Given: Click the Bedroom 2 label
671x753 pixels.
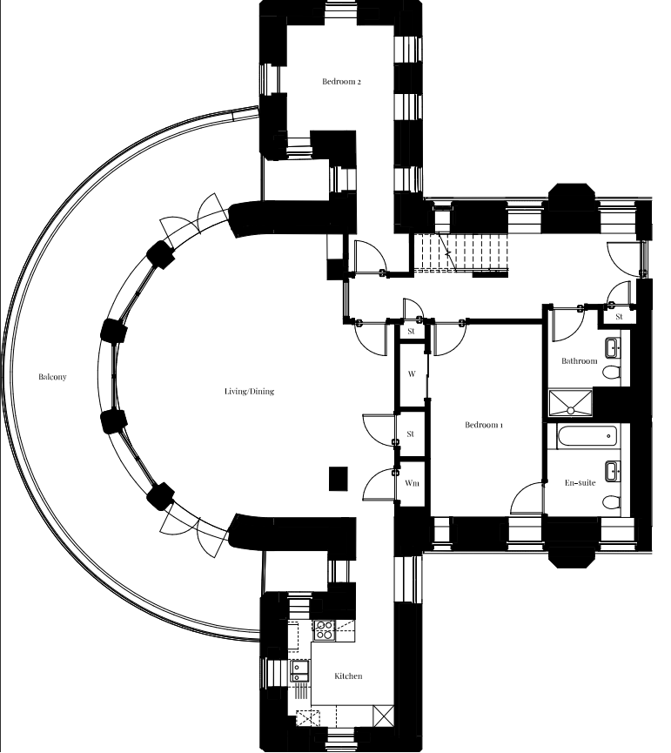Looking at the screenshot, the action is [x=341, y=82].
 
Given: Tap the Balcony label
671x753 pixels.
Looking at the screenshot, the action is [x=52, y=377].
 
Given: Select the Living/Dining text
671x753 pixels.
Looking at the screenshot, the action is [x=249, y=392].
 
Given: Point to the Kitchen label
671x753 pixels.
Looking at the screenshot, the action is [x=348, y=676].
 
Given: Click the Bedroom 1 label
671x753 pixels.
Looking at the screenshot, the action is [x=484, y=425].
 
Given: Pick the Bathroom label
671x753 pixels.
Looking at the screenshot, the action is [x=580, y=361].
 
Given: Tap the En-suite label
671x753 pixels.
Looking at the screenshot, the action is [x=580, y=483].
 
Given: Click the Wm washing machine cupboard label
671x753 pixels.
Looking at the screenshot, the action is [x=412, y=483].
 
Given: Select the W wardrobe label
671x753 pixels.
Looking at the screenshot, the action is [x=412, y=373].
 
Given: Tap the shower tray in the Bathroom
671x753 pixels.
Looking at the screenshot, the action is [x=570, y=402].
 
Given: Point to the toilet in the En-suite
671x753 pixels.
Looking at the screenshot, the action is [x=612, y=503].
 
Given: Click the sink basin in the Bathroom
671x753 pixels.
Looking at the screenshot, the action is [x=613, y=347].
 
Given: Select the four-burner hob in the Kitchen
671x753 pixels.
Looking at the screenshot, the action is [x=324, y=630].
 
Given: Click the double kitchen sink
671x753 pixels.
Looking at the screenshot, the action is [x=299, y=671].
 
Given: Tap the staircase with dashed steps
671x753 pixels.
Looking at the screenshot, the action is [x=461, y=252].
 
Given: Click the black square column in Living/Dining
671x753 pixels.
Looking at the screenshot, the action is [x=338, y=479].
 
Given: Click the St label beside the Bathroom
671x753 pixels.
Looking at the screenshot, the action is [x=619, y=317].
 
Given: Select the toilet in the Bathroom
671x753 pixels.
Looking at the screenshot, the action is [x=612, y=373].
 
